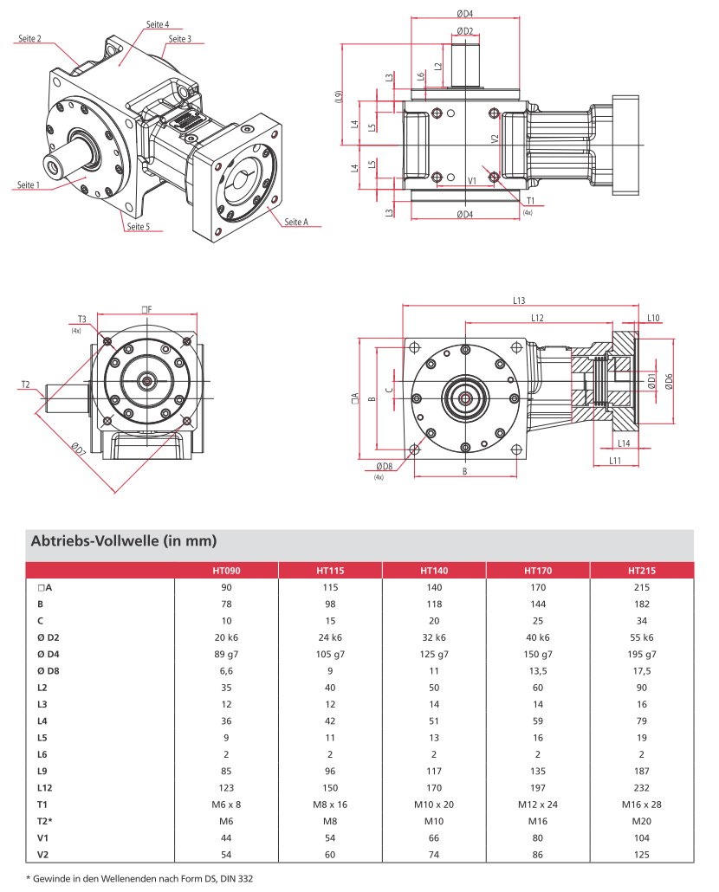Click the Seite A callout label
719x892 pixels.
coord(295,223)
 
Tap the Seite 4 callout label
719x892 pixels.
coord(158,24)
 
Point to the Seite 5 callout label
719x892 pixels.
coord(138,227)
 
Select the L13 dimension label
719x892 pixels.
coord(519,301)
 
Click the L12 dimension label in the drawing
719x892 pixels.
coord(537,318)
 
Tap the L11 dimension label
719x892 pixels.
coord(615,461)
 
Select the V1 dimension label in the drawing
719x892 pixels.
coord(472,180)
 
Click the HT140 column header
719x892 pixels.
coord(434,571)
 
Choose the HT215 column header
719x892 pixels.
coord(641,571)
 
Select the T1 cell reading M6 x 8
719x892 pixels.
coord(226,805)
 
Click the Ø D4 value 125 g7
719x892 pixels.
coord(434,654)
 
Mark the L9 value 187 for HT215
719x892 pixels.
coord(641,771)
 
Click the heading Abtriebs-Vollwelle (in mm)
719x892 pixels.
coord(123,541)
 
